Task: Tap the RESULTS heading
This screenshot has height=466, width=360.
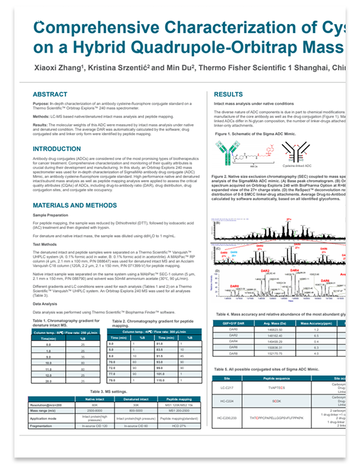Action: [229, 95]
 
